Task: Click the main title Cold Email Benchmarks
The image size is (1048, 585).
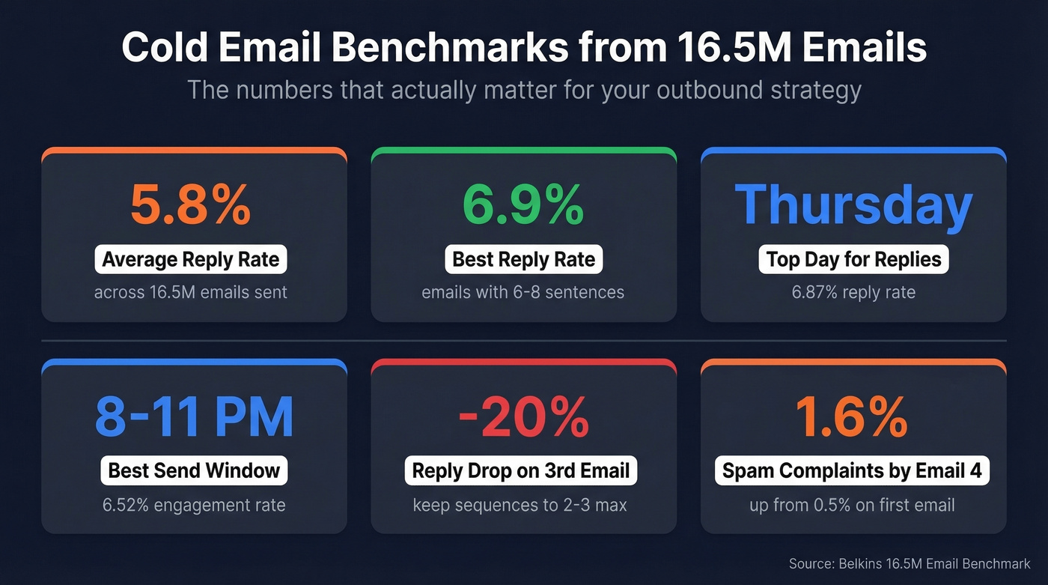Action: (524, 48)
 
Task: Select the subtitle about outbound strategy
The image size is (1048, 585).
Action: (524, 90)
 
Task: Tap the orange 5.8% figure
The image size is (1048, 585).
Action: (191, 204)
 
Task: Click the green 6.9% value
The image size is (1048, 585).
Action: (523, 204)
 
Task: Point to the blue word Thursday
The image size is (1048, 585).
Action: (853, 204)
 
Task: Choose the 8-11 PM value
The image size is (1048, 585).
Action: (194, 417)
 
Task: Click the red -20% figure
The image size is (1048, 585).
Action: (523, 417)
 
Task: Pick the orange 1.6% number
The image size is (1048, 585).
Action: (852, 417)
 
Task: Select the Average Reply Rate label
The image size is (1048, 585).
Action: (191, 260)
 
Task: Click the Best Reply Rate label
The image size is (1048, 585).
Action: (523, 260)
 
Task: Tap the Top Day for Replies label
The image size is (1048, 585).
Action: (853, 260)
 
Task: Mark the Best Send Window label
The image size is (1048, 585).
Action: (194, 471)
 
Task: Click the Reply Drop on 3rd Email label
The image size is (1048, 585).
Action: (521, 471)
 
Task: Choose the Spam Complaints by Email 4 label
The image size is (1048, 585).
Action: (852, 471)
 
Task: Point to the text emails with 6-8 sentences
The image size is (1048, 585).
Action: (523, 292)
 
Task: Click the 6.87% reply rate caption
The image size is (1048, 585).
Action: (853, 292)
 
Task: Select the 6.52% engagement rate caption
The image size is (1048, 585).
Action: (194, 505)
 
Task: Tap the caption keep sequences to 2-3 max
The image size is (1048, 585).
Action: (520, 505)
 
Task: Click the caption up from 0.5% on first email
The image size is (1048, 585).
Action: (852, 505)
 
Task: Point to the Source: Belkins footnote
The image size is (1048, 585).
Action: (910, 563)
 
